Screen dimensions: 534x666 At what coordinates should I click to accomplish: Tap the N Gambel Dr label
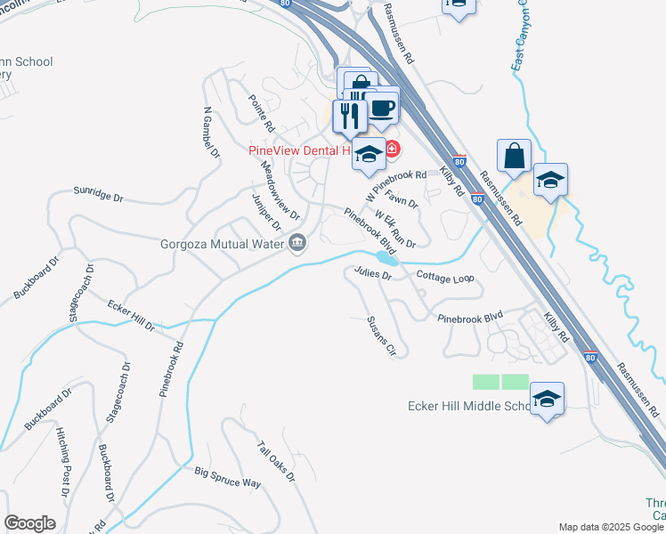click(211, 133)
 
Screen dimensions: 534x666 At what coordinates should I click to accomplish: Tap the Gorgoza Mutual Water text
click(222, 243)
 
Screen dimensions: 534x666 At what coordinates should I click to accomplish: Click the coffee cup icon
click(382, 109)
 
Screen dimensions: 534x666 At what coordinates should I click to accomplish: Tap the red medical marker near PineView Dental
click(392, 149)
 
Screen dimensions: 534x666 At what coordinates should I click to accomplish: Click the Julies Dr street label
click(373, 273)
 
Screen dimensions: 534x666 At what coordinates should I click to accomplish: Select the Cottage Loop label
click(445, 278)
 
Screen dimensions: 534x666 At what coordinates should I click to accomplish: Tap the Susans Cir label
click(380, 336)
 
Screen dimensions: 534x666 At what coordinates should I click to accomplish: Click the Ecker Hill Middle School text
click(468, 407)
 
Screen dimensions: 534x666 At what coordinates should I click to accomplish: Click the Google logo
click(30, 523)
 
